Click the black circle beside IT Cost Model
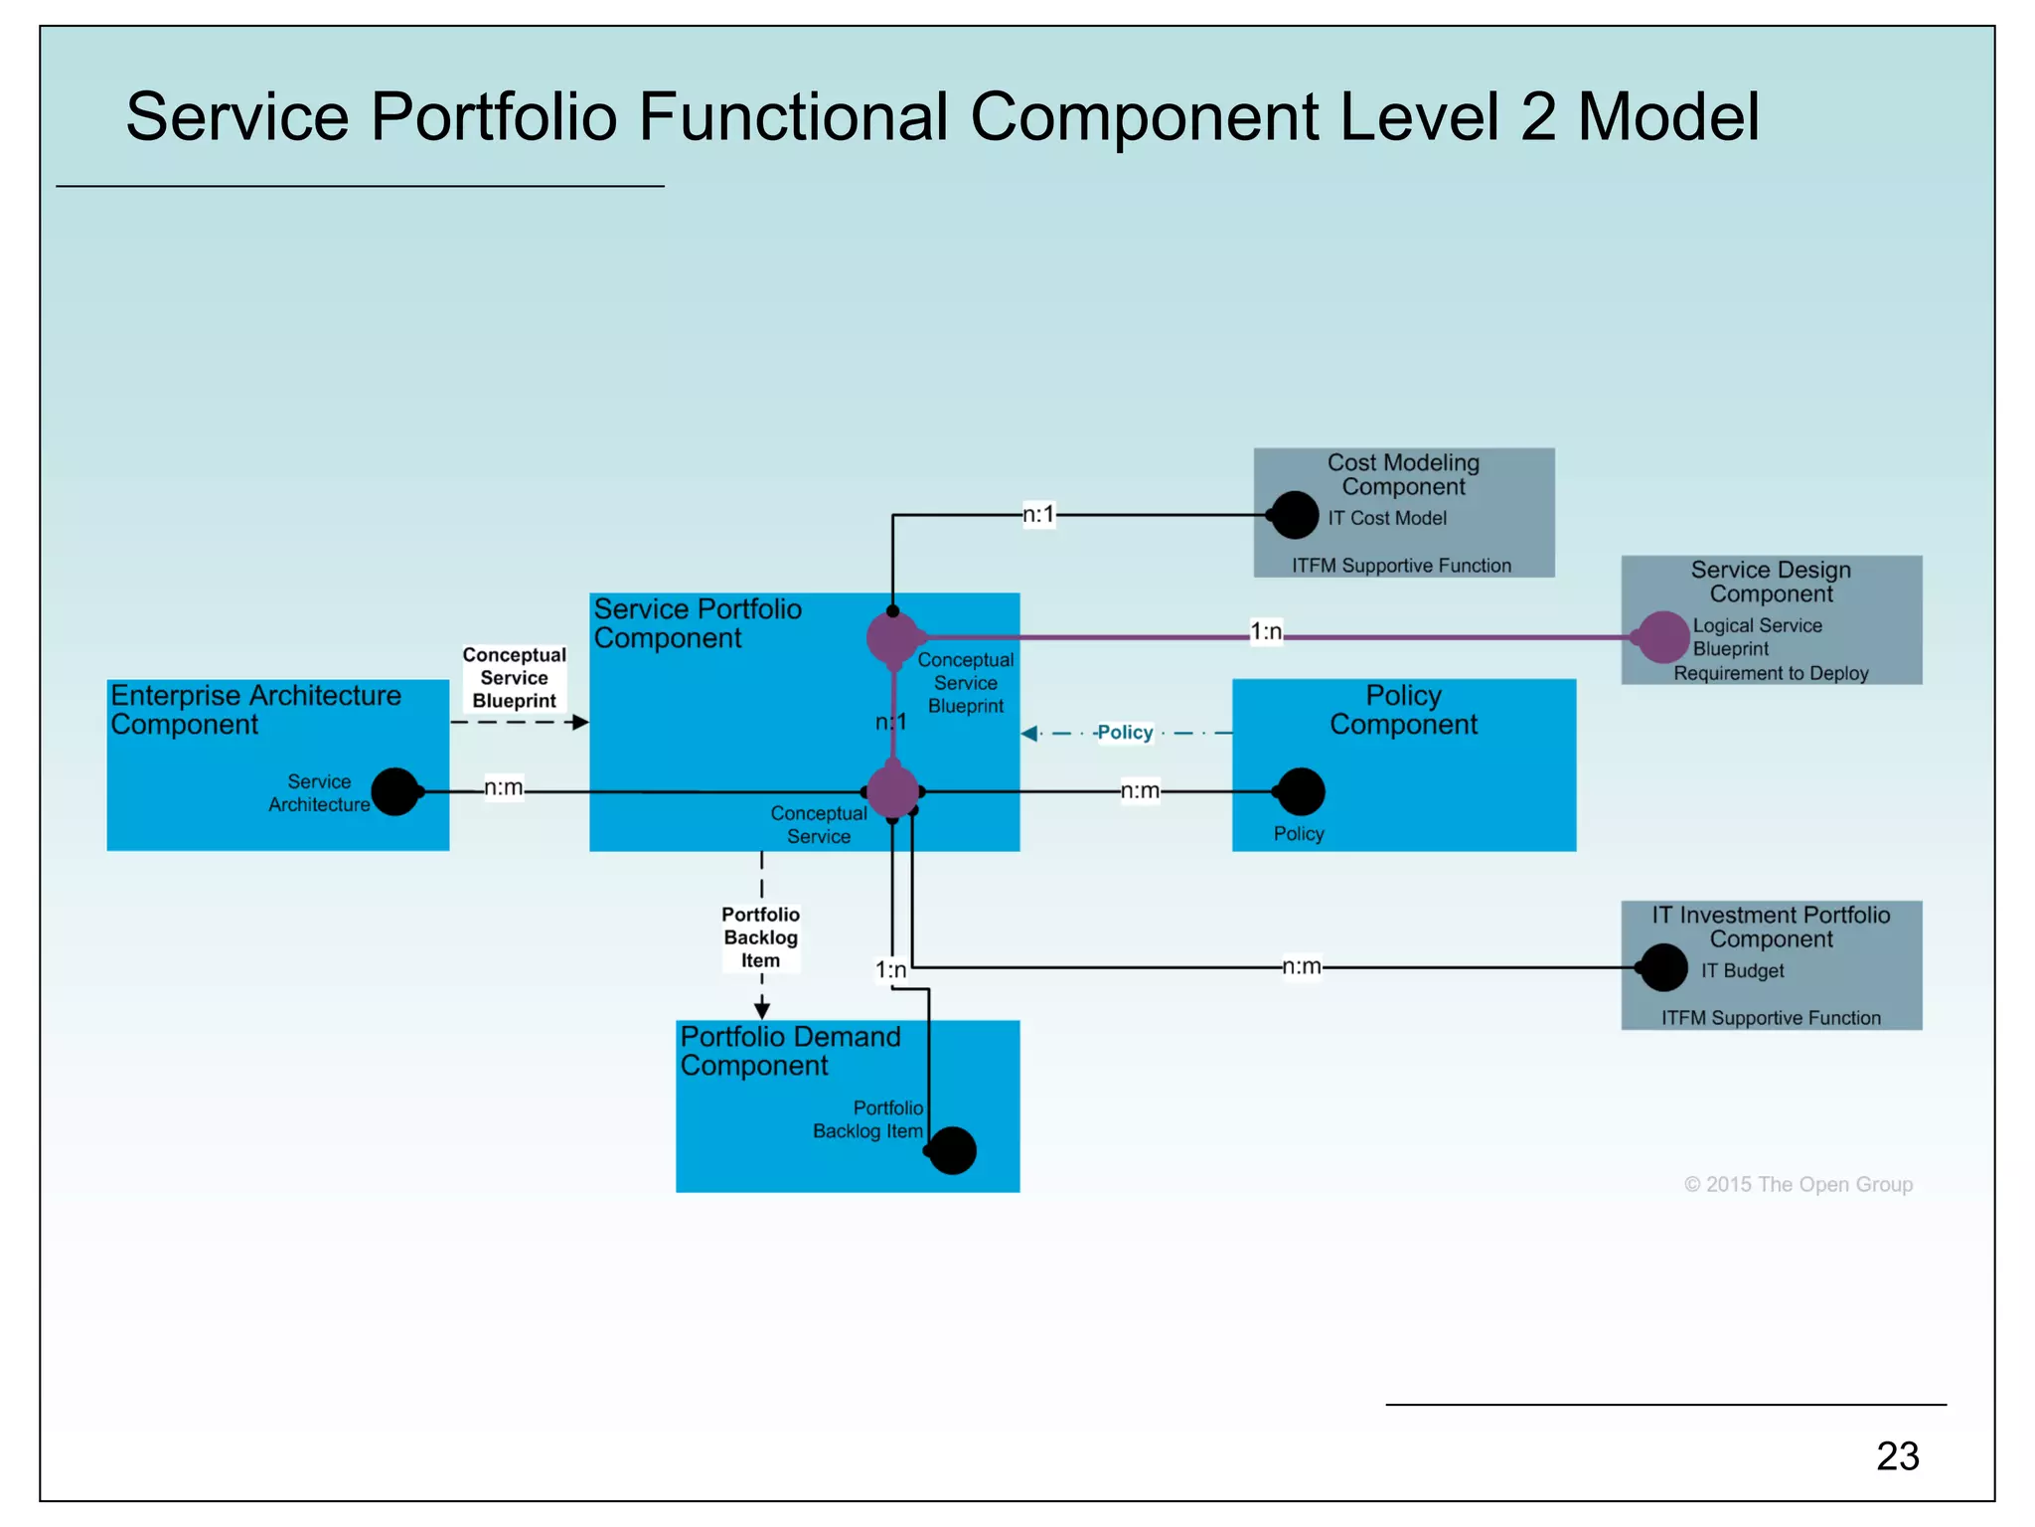tap(1295, 516)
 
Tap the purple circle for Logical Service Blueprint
tap(1663, 637)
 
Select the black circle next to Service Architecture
tap(394, 792)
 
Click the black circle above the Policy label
tap(1301, 792)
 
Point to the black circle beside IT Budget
tap(1663, 967)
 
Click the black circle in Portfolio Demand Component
tap(952, 1151)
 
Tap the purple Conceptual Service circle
tap(892, 792)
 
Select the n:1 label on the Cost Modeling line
tap(1038, 515)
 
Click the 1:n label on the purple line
tap(1265, 632)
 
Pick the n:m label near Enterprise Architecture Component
tap(503, 788)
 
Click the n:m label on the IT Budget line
tap(1301, 966)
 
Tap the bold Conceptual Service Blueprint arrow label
tap(514, 678)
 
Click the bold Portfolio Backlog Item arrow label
tap(760, 937)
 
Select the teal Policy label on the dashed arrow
tap(1125, 733)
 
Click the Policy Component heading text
tap(1403, 710)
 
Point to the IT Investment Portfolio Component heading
tap(1771, 927)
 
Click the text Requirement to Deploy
tap(1771, 674)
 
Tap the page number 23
tap(1897, 1456)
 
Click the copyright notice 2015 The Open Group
tap(1798, 1185)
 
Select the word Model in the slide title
tap(1668, 117)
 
